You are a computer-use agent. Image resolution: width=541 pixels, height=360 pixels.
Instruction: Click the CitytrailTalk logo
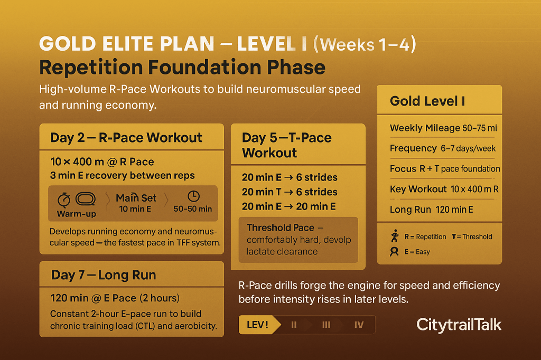click(x=459, y=325)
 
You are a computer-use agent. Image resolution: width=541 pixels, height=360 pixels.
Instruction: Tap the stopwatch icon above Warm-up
click(x=64, y=200)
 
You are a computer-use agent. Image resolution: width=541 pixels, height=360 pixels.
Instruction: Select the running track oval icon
click(x=86, y=199)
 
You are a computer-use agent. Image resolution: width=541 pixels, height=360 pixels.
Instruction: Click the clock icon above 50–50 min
click(x=193, y=196)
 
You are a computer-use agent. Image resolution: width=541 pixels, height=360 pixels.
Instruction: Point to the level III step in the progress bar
click(x=326, y=325)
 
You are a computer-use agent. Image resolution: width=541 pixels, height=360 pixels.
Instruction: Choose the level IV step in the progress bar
click(x=359, y=325)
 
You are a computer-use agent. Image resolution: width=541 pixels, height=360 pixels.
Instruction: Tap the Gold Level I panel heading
click(x=427, y=101)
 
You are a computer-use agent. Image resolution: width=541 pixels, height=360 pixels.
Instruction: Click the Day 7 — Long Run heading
click(x=104, y=275)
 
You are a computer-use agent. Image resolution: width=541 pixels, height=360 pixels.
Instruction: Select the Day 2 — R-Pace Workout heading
click(x=126, y=138)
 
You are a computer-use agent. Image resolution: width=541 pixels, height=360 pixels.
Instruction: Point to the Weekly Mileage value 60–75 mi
click(x=480, y=128)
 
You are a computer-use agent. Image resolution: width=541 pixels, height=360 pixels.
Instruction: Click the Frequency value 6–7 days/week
click(x=468, y=149)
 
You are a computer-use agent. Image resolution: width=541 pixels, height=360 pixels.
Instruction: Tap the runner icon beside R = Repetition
click(x=395, y=236)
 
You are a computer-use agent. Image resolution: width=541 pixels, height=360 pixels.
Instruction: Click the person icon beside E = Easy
click(x=394, y=252)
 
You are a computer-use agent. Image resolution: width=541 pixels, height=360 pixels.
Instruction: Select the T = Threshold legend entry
click(x=472, y=237)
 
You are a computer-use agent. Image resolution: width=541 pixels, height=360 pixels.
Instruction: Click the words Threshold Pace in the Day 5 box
click(x=281, y=228)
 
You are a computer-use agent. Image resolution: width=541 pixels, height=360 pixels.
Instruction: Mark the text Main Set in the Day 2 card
click(x=136, y=198)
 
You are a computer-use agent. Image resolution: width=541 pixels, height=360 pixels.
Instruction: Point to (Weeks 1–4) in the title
click(x=365, y=44)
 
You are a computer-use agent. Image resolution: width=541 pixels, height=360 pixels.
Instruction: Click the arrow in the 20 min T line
click(x=289, y=192)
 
